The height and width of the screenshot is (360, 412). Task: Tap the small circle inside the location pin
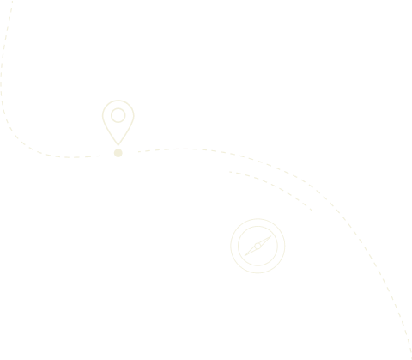tap(118, 114)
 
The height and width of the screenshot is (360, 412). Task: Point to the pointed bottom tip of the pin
tap(118, 143)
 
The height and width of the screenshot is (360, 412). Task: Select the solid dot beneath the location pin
tap(118, 153)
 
